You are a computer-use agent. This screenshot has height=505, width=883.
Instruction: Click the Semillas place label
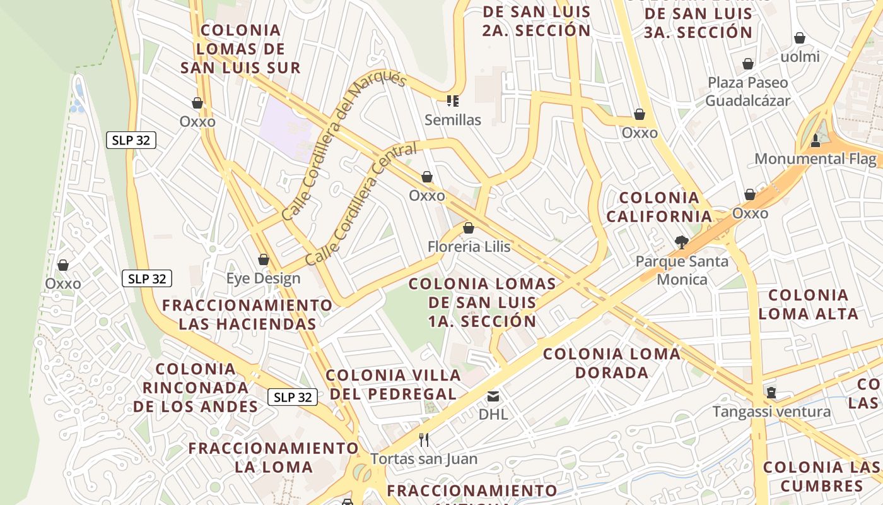pos(452,120)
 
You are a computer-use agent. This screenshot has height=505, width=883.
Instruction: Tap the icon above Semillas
pos(452,100)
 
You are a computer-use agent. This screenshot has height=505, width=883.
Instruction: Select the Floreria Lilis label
pos(469,246)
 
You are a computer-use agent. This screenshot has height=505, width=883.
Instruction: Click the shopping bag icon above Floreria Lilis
pos(468,228)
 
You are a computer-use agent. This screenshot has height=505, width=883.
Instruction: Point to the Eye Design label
pos(263,278)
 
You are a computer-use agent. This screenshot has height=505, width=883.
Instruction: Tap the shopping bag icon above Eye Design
pos(264,259)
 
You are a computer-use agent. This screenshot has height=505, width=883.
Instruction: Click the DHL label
pos(493,415)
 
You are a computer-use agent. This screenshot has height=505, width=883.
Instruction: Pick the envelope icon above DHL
pos(493,396)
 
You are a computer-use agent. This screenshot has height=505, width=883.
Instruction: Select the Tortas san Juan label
pos(424,459)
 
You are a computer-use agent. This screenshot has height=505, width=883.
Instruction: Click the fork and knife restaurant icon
pos(424,439)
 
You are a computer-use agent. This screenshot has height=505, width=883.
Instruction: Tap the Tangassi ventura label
pos(771,412)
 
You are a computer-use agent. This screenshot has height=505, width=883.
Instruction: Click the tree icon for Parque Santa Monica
pos(681,242)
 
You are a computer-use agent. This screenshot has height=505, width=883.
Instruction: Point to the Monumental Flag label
pos(816,159)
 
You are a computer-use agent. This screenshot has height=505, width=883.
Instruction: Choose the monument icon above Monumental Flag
pos(815,140)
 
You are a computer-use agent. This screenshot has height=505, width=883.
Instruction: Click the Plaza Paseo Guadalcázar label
pos(747,92)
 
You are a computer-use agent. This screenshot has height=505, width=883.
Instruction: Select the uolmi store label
pos(800,57)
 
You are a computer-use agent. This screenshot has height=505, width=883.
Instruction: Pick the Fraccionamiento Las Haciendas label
pos(247,314)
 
